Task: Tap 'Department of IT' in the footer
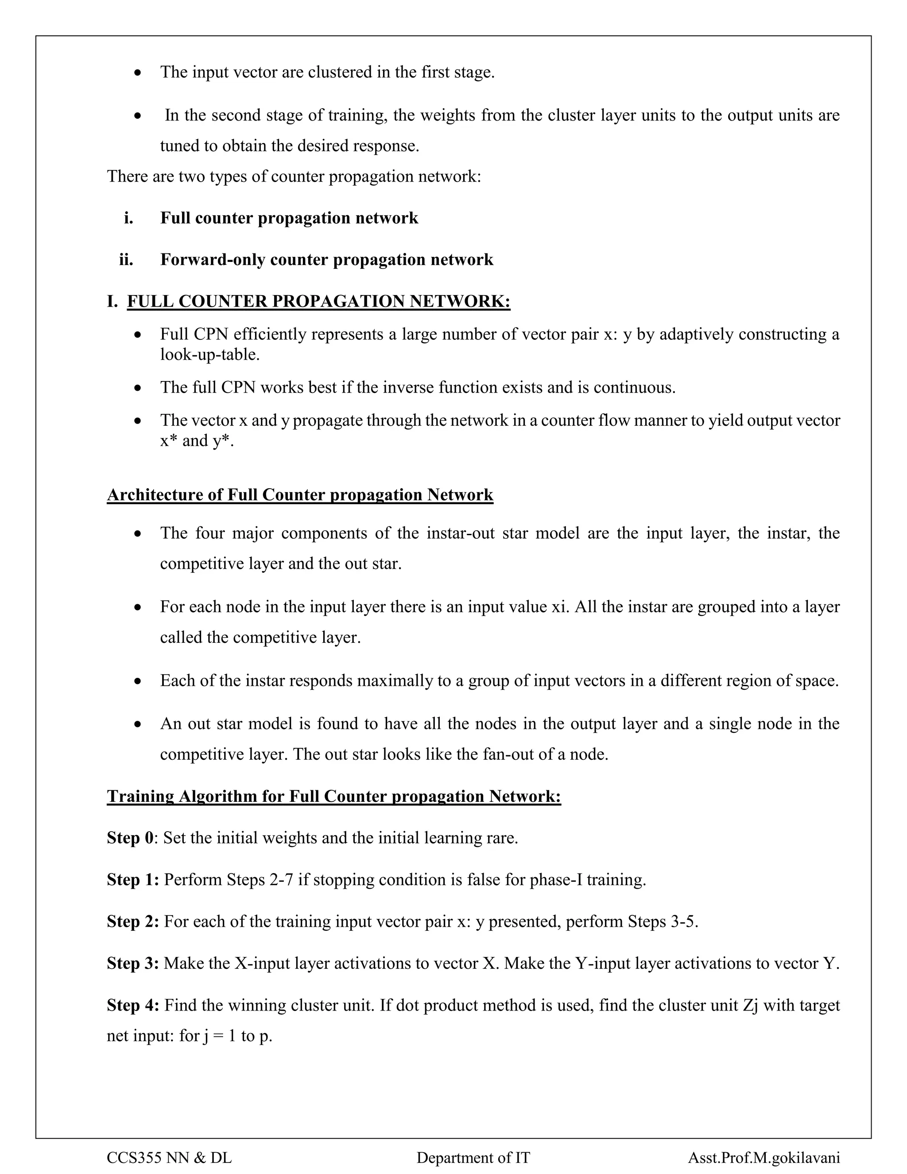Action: pos(473,1157)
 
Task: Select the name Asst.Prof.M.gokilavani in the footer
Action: pos(764,1157)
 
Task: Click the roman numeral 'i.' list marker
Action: pos(128,218)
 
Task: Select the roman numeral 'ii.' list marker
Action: pos(126,260)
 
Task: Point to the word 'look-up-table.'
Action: pos(209,355)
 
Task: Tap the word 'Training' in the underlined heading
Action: pos(140,796)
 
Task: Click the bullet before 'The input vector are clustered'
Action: pos(138,72)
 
